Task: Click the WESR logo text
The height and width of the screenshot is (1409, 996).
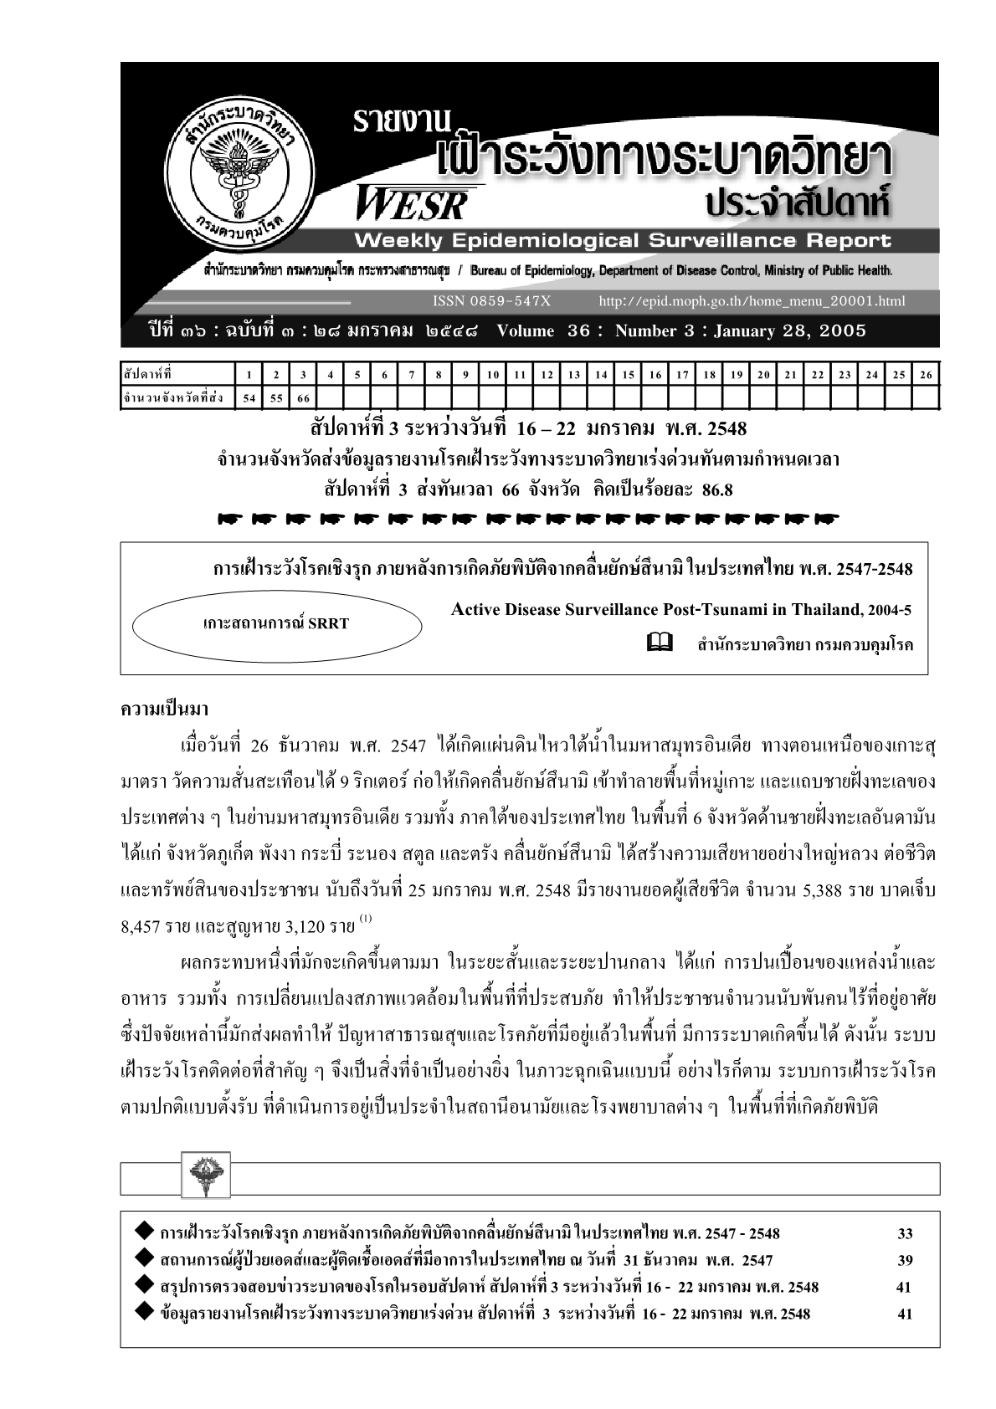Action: pos(413,202)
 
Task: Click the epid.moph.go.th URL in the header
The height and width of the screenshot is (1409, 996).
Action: pos(752,301)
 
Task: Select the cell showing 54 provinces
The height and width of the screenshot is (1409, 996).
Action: pos(249,398)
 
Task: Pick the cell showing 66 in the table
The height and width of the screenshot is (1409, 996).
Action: pos(303,398)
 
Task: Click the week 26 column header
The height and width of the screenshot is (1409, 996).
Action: pos(925,375)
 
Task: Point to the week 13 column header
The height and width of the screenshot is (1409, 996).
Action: pos(573,375)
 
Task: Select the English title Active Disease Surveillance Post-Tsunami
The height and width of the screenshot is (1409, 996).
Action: pos(680,609)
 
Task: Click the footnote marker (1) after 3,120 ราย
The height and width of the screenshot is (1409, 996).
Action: pos(365,920)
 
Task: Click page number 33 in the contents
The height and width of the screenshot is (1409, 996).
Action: pos(904,1233)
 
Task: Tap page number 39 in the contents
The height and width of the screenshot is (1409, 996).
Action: pos(904,1260)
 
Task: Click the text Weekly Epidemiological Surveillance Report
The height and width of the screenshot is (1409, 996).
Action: pos(623,241)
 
